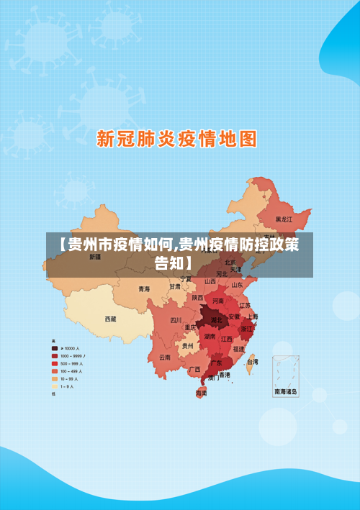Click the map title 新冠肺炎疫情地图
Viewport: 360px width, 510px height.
(x=177, y=138)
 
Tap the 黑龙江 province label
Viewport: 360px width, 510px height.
(x=284, y=219)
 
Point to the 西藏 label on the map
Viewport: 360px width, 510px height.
(x=110, y=318)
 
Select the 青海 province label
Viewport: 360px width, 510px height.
(x=144, y=288)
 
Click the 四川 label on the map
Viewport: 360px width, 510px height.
(x=176, y=320)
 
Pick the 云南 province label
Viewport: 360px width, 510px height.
(x=165, y=357)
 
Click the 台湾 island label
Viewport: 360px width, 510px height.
(x=252, y=362)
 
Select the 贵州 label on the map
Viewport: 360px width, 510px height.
(x=187, y=345)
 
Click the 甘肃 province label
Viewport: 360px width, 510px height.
(x=175, y=286)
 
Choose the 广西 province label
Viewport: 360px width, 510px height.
(x=194, y=369)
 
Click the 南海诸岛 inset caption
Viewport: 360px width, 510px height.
(x=286, y=392)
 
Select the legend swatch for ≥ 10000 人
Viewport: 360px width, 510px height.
(x=55, y=348)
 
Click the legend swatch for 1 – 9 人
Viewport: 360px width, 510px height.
(x=55, y=386)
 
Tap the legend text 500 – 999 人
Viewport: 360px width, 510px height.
(x=72, y=363)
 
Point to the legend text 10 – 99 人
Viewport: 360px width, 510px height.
(x=71, y=378)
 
